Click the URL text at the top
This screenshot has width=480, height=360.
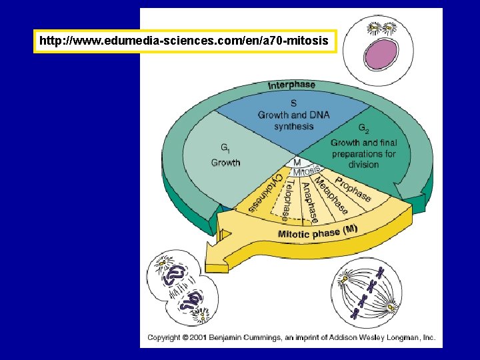tap(183, 41)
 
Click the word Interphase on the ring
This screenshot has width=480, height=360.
tap(291, 85)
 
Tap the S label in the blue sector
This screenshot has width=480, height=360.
tap(293, 103)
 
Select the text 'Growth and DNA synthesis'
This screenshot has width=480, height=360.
tap(293, 121)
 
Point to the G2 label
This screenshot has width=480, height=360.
tap(364, 128)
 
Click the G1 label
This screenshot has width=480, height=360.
tap(226, 148)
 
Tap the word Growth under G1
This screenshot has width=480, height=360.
tap(226, 163)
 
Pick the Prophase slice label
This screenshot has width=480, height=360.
tap(353, 189)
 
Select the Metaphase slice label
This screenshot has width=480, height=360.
tap(331, 194)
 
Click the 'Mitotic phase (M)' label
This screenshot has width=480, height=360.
tap(317, 232)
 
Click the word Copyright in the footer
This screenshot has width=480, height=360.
tap(164, 338)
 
